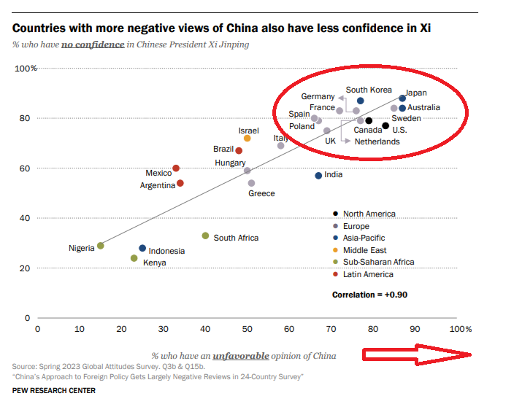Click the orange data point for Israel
click(x=247, y=138)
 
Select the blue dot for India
click(x=318, y=176)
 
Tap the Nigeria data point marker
click(x=101, y=246)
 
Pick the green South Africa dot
click(x=206, y=236)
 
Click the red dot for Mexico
click(x=176, y=168)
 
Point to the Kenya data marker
click(x=134, y=258)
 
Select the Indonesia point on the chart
click(x=142, y=249)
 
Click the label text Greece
click(x=261, y=193)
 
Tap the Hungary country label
click(x=230, y=163)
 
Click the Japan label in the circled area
click(x=416, y=93)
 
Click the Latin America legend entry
click(x=368, y=274)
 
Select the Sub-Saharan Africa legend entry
click(x=378, y=262)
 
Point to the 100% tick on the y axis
click(x=26, y=69)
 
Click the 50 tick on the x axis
click(x=247, y=329)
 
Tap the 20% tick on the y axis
click(x=28, y=268)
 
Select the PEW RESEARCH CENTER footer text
click(x=54, y=390)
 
